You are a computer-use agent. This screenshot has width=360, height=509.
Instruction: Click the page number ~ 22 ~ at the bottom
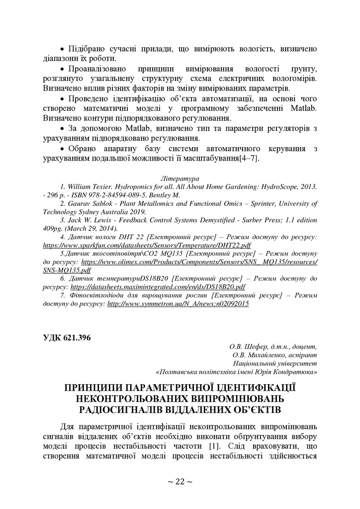pos(180,481)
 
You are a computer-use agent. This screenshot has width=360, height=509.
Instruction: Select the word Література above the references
pos(180,177)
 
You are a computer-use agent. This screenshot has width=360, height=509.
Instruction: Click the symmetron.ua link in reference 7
pos(178,303)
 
